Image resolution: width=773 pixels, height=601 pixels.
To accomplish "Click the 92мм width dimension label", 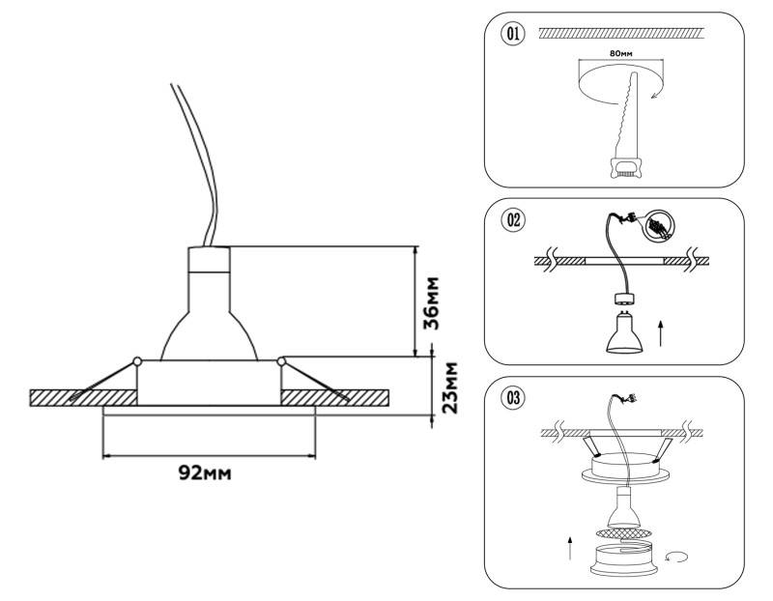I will pos(205,472).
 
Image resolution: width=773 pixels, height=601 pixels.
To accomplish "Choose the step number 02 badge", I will pos(513,219).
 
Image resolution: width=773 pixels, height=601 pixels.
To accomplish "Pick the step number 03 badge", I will pos(513,396).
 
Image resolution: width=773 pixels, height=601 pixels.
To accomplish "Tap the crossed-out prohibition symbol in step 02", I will pos(657,227).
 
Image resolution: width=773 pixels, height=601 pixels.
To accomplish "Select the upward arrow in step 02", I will pos(661,334).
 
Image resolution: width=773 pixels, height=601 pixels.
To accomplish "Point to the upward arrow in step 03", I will pos(570,550).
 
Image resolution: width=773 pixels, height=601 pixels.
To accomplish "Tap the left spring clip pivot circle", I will pos(137,361).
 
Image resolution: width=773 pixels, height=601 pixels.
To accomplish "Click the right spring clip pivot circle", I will pos(281,361).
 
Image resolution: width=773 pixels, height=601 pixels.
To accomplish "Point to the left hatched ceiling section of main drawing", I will pos(82,397).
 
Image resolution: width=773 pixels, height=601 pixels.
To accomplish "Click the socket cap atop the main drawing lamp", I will pos(209,260).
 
